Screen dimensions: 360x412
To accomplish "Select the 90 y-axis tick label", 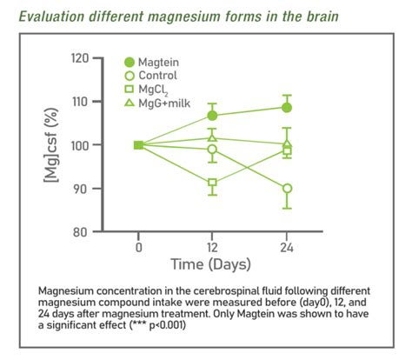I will tap(83, 189).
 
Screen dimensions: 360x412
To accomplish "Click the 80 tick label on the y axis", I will tap(83, 232).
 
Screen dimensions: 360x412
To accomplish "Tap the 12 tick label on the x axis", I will tap(213, 247).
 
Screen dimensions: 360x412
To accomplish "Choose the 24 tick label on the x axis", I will tap(287, 247).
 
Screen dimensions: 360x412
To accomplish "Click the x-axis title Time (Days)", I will tap(212, 263).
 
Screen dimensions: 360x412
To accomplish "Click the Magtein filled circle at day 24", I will tap(287, 108).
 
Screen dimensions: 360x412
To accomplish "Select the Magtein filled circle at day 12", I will tap(213, 116).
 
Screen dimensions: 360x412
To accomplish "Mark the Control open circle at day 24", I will tap(287, 189).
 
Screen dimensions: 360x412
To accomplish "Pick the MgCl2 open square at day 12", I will tap(213, 183).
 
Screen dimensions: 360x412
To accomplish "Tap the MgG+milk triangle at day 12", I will tap(213, 137).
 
